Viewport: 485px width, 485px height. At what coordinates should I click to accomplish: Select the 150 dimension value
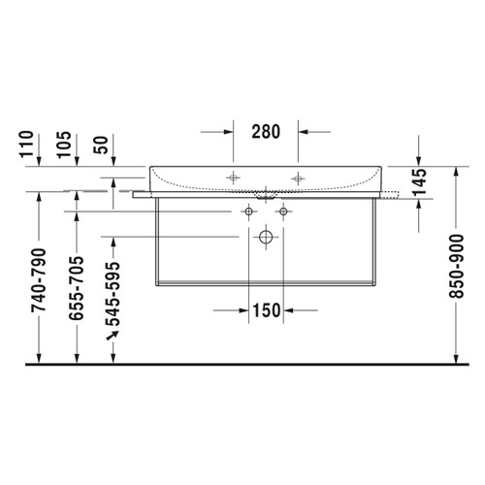tap(266, 310)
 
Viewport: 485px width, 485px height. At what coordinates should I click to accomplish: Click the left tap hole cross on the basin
tap(233, 178)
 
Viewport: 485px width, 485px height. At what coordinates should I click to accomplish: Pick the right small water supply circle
tap(283, 210)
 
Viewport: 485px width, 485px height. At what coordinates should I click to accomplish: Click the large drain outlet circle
tap(266, 236)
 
